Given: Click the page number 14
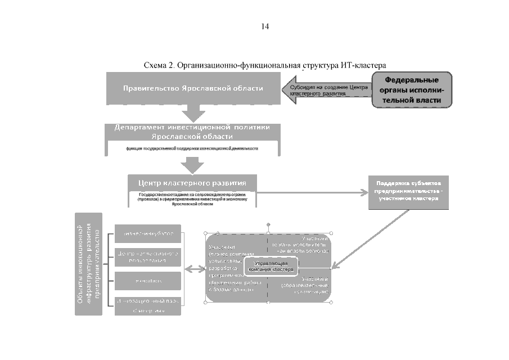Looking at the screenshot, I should click(265, 26).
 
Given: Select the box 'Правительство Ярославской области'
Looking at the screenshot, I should click(193, 88).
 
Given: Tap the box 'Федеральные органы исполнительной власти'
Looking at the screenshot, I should click(412, 90).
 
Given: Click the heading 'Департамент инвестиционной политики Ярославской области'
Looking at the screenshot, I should click(192, 132).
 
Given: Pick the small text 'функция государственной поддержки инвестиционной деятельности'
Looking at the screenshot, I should click(192, 148).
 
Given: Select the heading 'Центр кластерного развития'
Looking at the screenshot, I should click(192, 183).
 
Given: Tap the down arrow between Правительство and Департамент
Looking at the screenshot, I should click(192, 113).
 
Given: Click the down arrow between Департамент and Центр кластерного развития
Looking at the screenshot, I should click(192, 164).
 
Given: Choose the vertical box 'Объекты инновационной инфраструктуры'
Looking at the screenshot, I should click(89, 263).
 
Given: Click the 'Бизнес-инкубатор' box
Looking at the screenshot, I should click(148, 233).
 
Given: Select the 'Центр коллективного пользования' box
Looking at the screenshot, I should click(148, 257).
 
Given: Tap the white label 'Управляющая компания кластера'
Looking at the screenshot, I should click(270, 267).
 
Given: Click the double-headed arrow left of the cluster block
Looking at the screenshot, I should click(195, 270).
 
